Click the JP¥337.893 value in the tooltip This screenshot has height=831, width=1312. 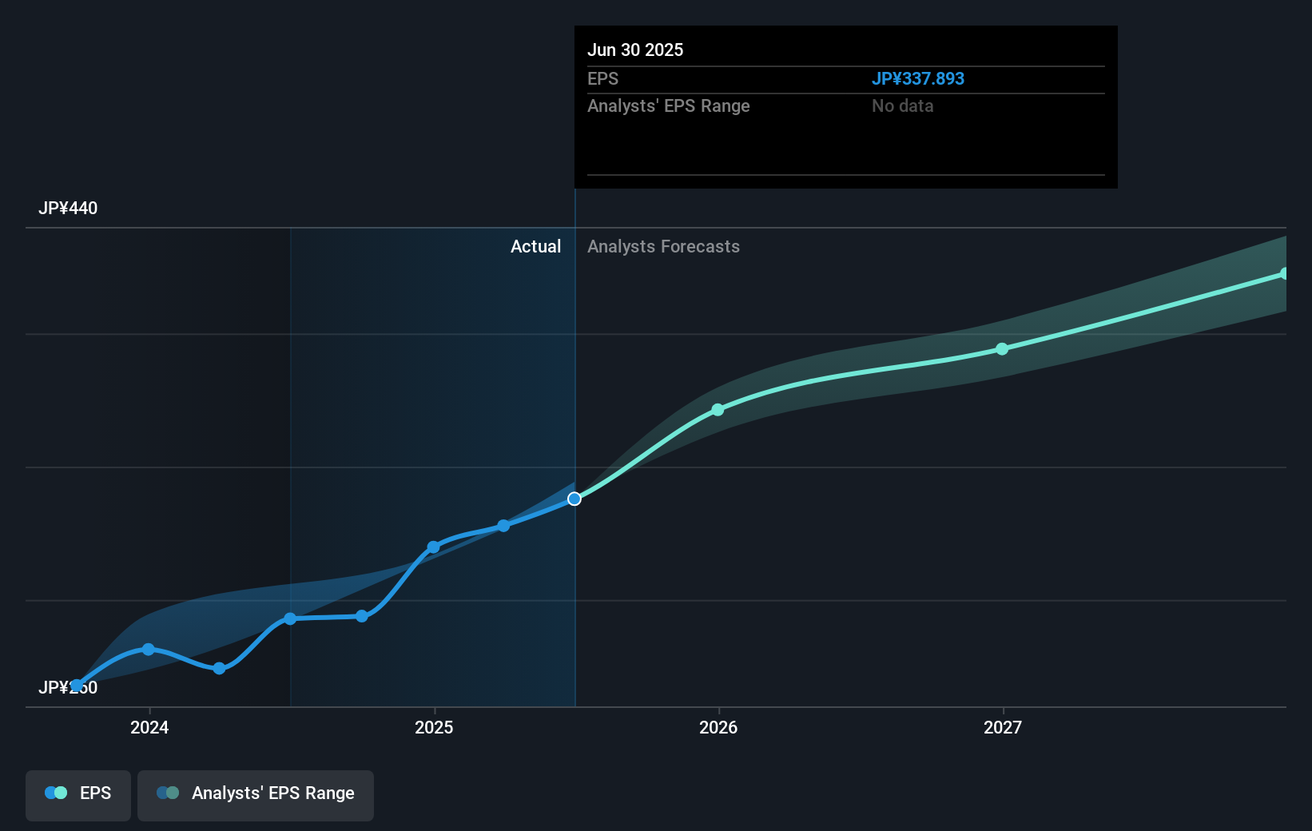[917, 78]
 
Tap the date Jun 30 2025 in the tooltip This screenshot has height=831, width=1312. [635, 50]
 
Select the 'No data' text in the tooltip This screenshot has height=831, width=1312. [902, 105]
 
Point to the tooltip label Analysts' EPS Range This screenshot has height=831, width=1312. [668, 105]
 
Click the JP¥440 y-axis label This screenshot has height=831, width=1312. [68, 208]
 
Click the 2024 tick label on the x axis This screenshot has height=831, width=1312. [149, 727]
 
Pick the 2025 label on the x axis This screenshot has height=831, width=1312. [434, 727]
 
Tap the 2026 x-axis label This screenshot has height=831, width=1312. [718, 727]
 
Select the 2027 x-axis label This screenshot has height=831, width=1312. [1003, 727]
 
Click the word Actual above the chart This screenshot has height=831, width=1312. [535, 246]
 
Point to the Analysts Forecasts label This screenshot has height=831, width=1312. [663, 246]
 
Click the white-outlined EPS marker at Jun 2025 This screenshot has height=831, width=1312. [574, 499]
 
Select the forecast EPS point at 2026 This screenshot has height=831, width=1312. [718, 410]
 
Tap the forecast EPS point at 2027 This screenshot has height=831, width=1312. [1002, 349]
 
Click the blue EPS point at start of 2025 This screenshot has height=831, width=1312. [433, 547]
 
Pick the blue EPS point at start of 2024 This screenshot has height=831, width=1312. [148, 649]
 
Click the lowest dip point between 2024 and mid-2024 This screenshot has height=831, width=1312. [219, 668]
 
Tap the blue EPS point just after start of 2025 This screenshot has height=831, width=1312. [503, 526]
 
